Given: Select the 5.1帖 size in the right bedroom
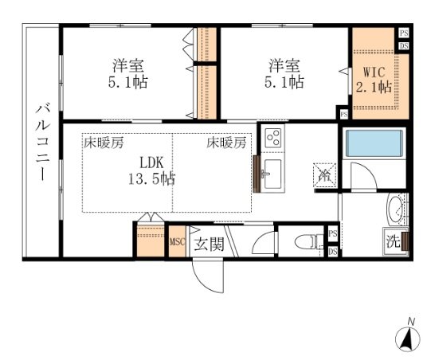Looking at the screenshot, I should (284, 81).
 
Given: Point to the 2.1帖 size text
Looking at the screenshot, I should (373, 86).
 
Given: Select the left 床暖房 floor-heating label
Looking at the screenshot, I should (104, 143).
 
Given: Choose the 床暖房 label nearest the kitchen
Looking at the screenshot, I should (227, 143).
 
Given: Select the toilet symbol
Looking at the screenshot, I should (305, 242).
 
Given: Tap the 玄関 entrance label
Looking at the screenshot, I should (208, 243).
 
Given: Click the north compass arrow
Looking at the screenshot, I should (407, 338).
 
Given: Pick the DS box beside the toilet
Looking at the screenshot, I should (332, 252).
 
